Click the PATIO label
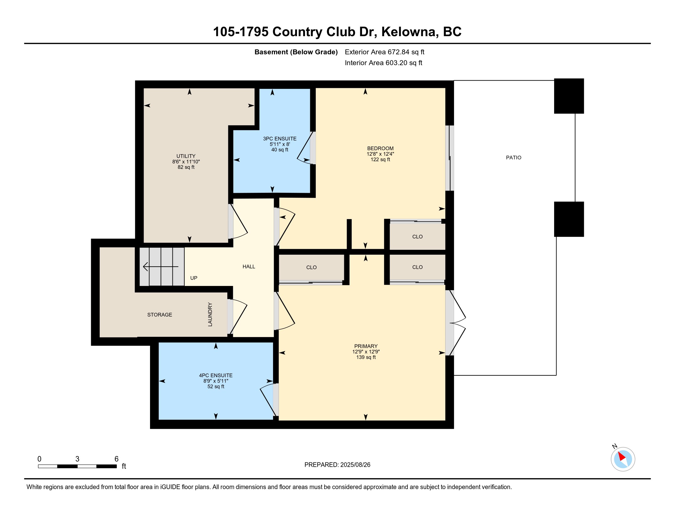point(513,158)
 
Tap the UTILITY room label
point(186,156)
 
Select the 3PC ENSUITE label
point(280,139)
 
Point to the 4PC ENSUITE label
point(216,375)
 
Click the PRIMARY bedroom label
point(366,346)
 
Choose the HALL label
point(249,267)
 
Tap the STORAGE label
point(160,315)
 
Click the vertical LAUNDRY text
point(210,314)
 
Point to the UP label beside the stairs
point(194,278)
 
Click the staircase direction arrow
point(161,266)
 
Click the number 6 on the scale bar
point(117,459)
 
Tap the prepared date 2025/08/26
point(355,465)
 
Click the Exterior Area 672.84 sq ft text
point(384,52)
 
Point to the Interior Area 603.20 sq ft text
point(383,63)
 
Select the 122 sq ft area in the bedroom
point(380,160)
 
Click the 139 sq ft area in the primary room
point(366,357)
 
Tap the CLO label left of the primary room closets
point(311,267)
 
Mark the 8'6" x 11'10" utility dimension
point(186,162)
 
